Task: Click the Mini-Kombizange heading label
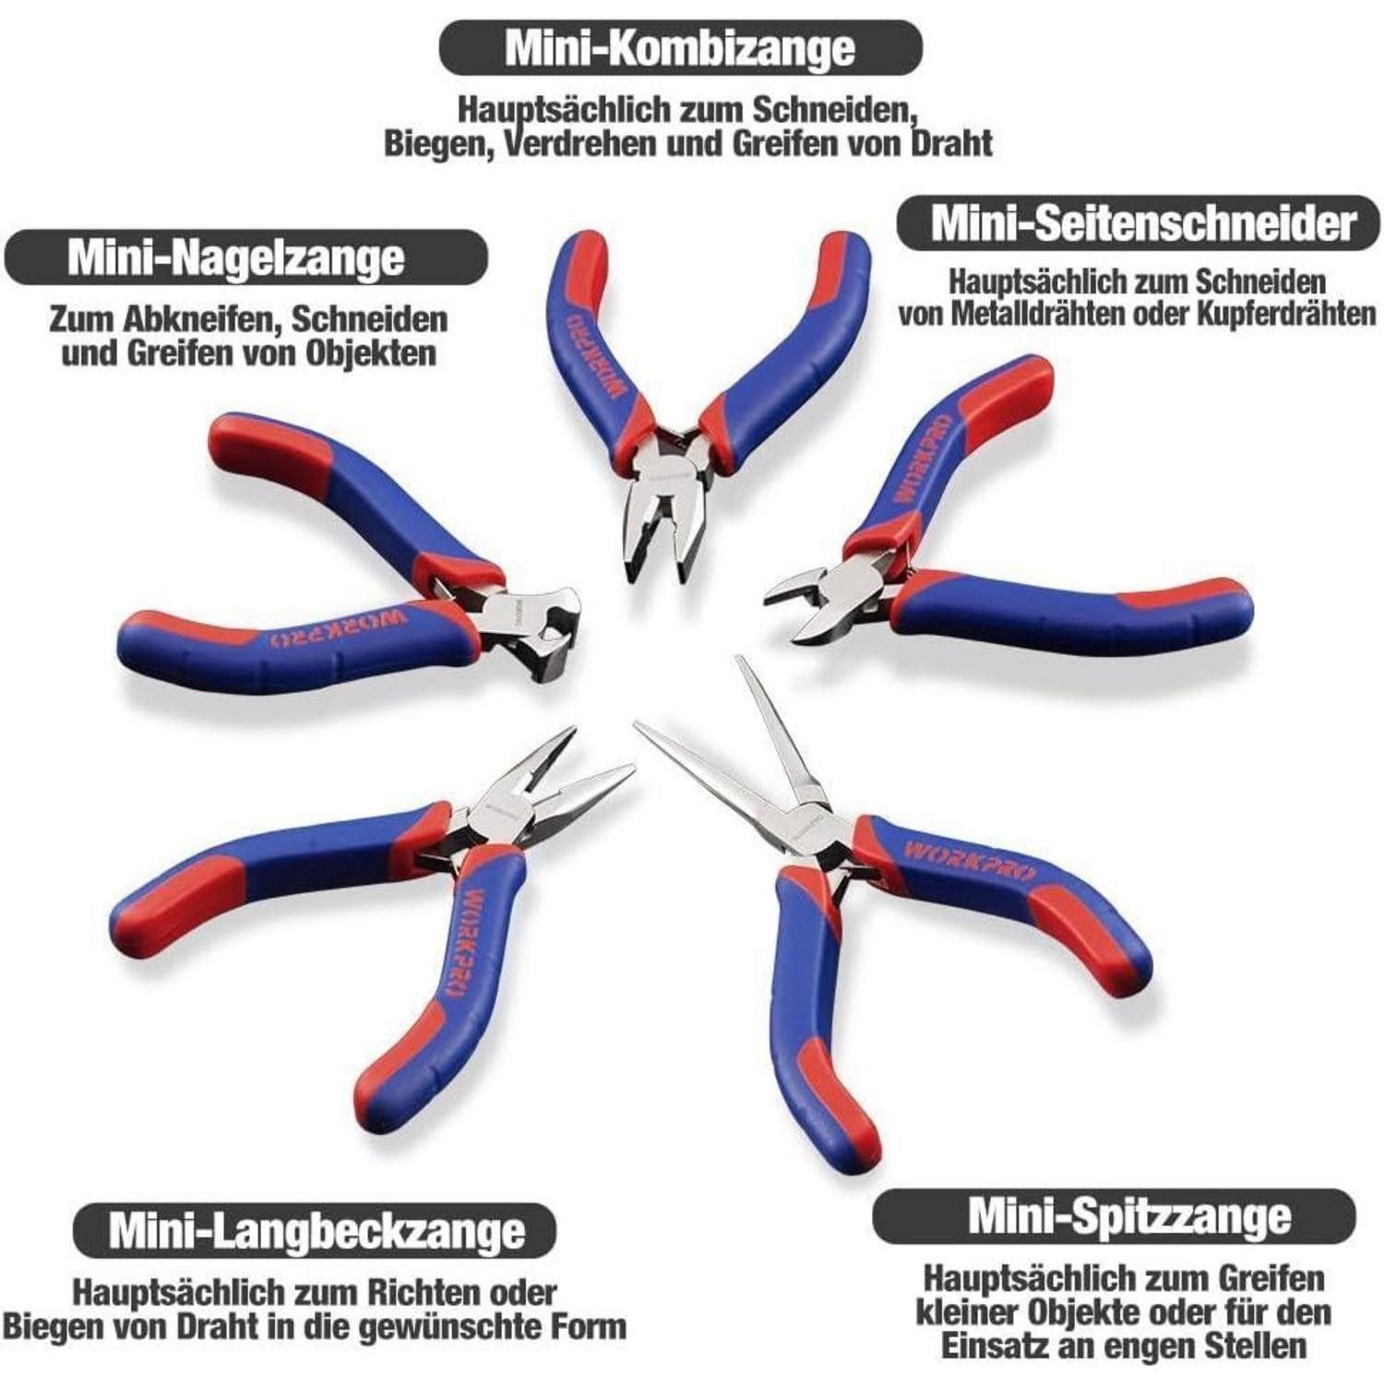click(x=680, y=47)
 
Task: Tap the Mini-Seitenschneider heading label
click(x=1141, y=223)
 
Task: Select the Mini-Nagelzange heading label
click(x=236, y=257)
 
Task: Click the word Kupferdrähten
click(x=1287, y=314)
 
